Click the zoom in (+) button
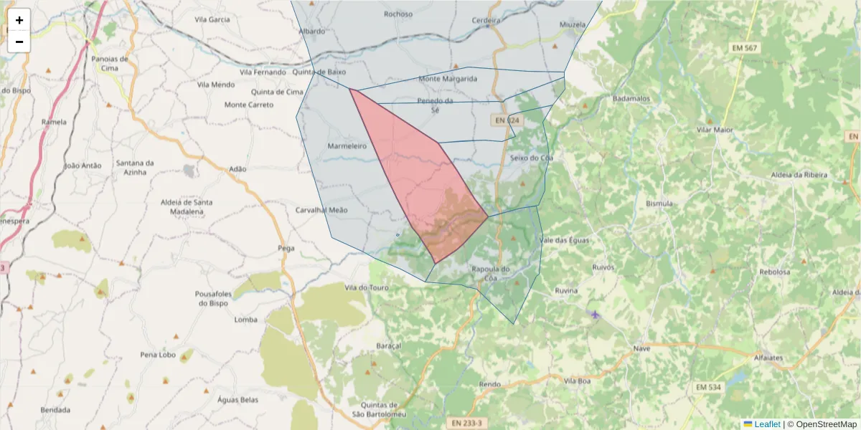[x=19, y=20]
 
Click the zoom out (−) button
[x=19, y=42]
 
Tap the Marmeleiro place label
[x=347, y=146]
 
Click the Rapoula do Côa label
[x=491, y=273]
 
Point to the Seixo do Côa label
[x=531, y=158]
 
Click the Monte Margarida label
[x=448, y=79]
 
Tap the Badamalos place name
[x=632, y=98]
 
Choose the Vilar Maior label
[x=715, y=130]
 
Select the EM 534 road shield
[x=707, y=388]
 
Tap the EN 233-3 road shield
[x=466, y=424]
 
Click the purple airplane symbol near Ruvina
[x=594, y=315]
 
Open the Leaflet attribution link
[x=767, y=424]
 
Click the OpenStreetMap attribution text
[x=826, y=424]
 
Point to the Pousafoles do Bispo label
[x=213, y=298]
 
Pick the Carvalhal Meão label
[x=321, y=210]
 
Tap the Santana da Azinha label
[x=135, y=168]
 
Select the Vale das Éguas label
[x=564, y=240]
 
